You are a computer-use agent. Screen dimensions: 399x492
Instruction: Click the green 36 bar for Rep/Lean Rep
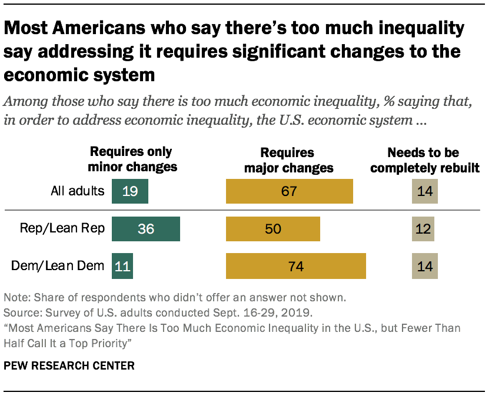click(x=145, y=229)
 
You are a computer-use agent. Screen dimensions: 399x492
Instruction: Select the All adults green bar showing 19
click(x=130, y=191)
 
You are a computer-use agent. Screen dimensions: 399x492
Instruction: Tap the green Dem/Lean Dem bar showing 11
click(x=122, y=266)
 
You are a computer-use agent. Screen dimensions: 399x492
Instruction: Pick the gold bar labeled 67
click(x=290, y=191)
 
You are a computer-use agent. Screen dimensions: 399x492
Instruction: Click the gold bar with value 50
click(x=273, y=229)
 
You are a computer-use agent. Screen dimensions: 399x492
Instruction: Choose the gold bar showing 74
click(x=296, y=266)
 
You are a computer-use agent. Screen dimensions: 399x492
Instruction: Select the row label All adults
click(x=77, y=191)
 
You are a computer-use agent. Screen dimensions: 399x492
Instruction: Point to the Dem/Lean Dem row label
click(x=58, y=266)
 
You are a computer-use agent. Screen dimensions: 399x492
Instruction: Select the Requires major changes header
click(x=288, y=160)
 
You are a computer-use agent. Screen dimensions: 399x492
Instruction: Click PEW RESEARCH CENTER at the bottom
click(x=69, y=365)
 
